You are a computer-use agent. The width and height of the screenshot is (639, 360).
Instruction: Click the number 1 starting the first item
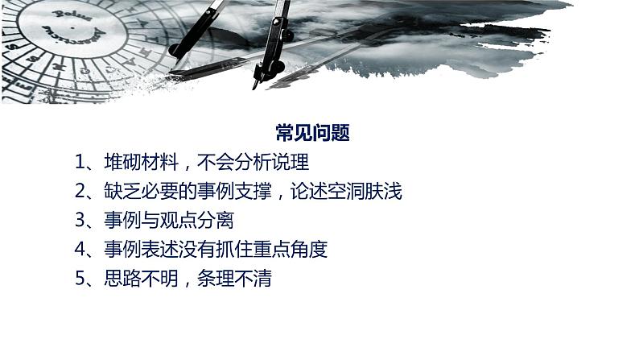(80, 162)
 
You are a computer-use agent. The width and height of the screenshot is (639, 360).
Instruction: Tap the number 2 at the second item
(80, 192)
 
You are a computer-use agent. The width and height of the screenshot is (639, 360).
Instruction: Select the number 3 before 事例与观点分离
(80, 221)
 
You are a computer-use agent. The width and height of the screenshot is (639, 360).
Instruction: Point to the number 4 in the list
(80, 250)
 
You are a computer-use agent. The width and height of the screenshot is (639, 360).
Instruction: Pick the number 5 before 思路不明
(80, 279)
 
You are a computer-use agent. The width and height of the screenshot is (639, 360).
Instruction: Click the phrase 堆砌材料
(134, 162)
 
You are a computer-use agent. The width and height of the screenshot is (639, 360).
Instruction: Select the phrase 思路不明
(134, 279)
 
